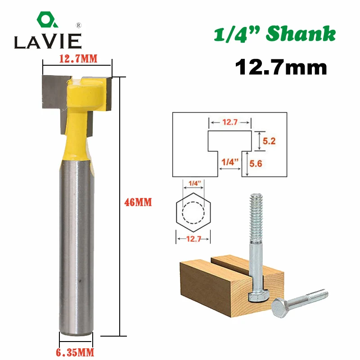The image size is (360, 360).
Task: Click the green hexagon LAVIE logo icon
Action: click(x=47, y=19)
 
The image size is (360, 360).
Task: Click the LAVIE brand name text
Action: click(x=48, y=41)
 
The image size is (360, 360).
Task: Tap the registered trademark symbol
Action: click(x=78, y=25)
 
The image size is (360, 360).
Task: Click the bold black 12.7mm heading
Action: click(x=281, y=67)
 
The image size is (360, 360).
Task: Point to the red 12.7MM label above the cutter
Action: click(x=78, y=59)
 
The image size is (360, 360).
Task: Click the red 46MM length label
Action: click(x=138, y=202)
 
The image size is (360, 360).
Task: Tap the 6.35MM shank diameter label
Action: click(x=75, y=352)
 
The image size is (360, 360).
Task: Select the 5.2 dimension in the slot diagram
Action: click(x=269, y=141)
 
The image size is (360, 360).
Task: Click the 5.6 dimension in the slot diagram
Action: click(x=256, y=164)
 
